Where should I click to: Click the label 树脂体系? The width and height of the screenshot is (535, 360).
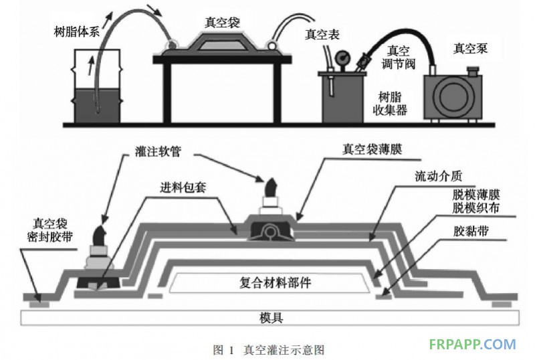pos(76,30)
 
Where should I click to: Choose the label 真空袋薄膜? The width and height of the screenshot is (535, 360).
pos(369,151)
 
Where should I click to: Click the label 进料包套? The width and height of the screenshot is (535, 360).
pos(182,189)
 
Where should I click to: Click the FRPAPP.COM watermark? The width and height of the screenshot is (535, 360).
pos(472,345)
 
